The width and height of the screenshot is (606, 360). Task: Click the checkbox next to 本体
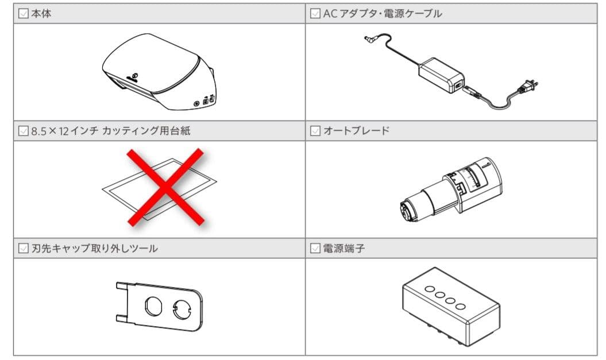click(x=24, y=14)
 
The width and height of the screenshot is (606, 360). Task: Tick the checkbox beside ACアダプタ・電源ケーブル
click(x=315, y=14)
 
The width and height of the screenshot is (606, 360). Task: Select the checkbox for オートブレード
click(x=315, y=131)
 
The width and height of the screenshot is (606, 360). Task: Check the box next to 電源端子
click(x=315, y=248)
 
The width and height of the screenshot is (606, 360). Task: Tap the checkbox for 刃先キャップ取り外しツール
click(x=24, y=248)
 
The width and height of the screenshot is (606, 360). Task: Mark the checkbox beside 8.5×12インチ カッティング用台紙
click(x=24, y=131)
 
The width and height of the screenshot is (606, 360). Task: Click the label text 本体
click(x=41, y=14)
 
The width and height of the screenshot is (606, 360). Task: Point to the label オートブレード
click(x=356, y=130)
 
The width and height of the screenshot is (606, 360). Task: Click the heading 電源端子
click(x=344, y=248)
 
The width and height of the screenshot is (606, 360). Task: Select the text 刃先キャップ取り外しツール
click(x=95, y=248)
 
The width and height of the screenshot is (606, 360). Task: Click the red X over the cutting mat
click(x=165, y=187)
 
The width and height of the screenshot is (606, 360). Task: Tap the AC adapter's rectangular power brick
click(x=441, y=75)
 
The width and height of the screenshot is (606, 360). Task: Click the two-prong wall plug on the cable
click(x=527, y=87)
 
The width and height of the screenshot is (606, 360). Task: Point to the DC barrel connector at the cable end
click(x=370, y=38)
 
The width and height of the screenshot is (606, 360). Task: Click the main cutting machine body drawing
click(x=159, y=71)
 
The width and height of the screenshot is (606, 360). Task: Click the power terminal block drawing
click(x=451, y=306)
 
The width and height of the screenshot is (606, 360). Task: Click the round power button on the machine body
click(x=196, y=103)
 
